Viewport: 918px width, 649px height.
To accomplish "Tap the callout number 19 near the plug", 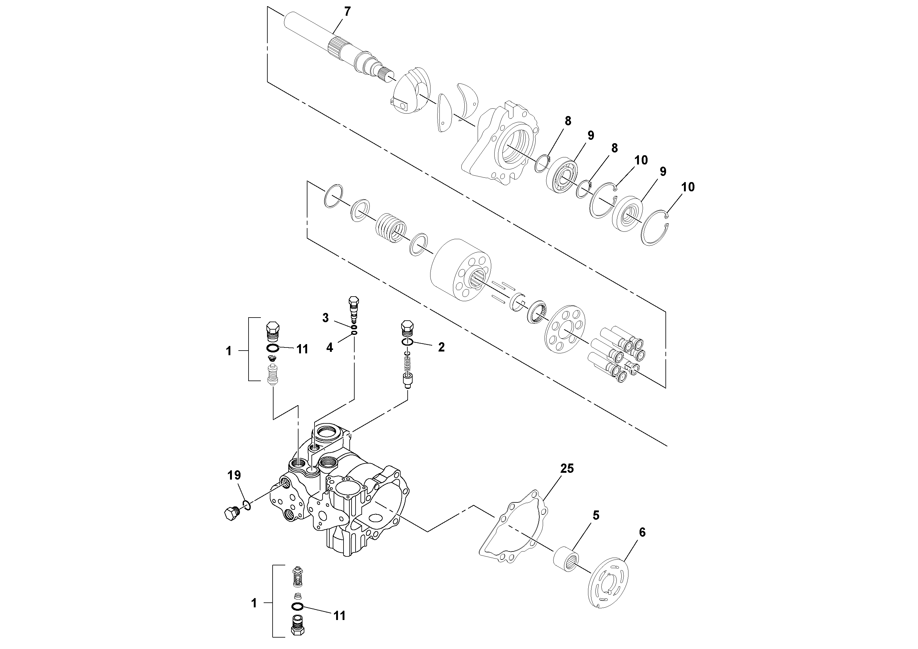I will (x=234, y=475).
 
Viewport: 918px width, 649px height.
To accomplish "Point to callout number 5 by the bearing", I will (x=596, y=515).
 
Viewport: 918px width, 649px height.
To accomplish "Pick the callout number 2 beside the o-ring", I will (x=441, y=347).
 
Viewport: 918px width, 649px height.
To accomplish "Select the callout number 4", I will (x=329, y=348).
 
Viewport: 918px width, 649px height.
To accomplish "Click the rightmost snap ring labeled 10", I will (x=655, y=228).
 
